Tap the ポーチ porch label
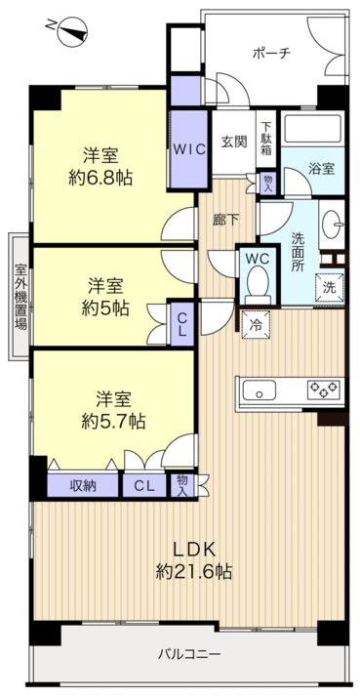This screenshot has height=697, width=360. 271,54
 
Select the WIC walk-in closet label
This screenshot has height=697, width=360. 189,149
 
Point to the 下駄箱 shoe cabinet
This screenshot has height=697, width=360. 266,138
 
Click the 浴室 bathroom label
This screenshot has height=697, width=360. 322,168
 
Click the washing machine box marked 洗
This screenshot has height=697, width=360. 330,288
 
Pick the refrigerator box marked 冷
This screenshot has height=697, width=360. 256,324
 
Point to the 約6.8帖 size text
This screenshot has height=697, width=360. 100,179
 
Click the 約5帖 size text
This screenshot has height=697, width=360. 105,307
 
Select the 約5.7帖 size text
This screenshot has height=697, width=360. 113,421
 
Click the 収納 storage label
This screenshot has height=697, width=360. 83,486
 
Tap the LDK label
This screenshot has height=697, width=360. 194,550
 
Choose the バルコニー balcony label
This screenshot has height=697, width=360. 189,654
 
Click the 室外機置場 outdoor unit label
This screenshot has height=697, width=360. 20,297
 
